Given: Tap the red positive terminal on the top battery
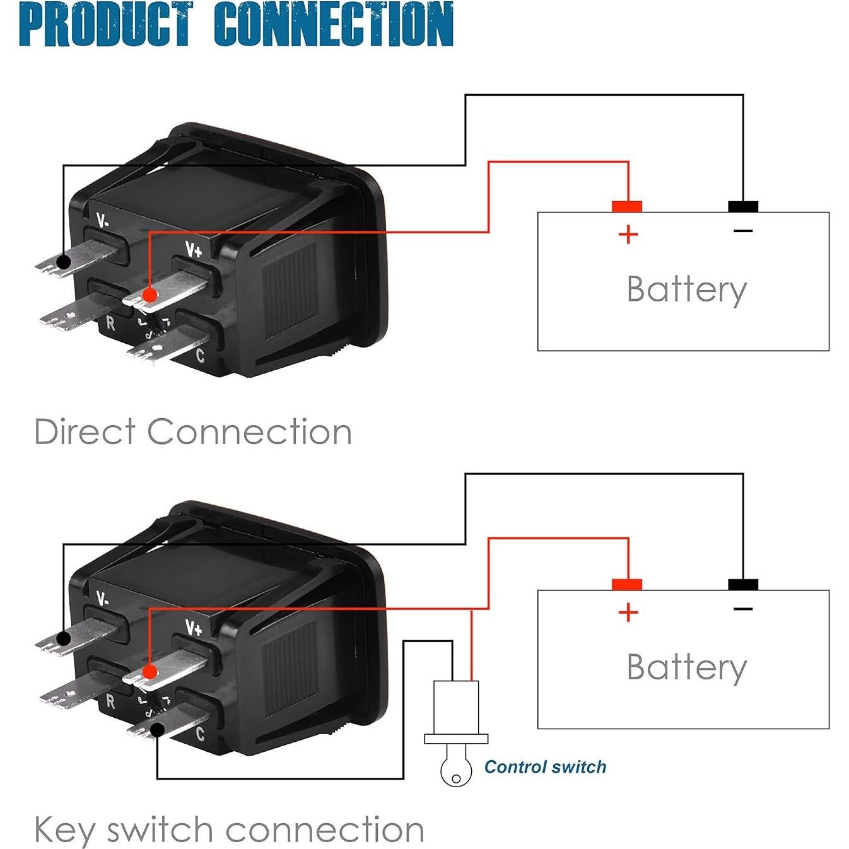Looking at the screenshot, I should [x=627, y=206].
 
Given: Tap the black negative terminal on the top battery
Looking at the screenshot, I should [x=743, y=206].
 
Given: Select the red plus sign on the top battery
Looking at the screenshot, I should [x=628, y=235].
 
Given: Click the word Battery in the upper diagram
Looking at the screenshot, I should [x=686, y=290].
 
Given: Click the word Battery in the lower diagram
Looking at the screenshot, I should [x=686, y=667].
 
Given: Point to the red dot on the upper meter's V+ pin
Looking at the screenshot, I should [x=149, y=295].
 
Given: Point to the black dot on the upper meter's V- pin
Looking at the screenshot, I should [x=63, y=261].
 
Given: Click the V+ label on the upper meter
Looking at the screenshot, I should [x=194, y=250].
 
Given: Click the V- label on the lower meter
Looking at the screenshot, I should [x=103, y=598].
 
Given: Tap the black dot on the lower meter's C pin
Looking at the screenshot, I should [x=157, y=730].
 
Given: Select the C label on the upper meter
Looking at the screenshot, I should [x=200, y=356].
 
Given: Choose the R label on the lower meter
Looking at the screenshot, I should [x=111, y=701].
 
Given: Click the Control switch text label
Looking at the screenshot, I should [x=545, y=767].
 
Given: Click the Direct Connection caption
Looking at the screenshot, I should [x=193, y=432].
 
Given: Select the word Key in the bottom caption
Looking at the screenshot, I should [x=64, y=830].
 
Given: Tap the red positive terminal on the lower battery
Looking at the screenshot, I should [x=627, y=584].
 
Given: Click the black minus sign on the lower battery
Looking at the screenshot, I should [x=743, y=609].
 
